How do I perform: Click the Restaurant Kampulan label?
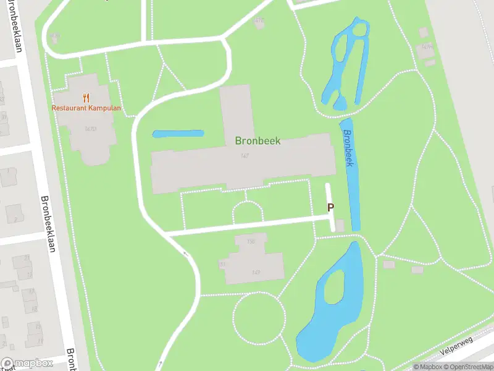click(x=86, y=108)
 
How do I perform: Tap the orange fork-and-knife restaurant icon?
click(x=86, y=97)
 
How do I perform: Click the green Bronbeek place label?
click(x=257, y=141)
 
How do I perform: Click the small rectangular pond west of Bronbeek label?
click(x=178, y=134)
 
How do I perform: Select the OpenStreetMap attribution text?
click(x=469, y=367)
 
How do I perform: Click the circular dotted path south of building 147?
click(x=267, y=320)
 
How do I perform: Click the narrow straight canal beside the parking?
click(x=353, y=185)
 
